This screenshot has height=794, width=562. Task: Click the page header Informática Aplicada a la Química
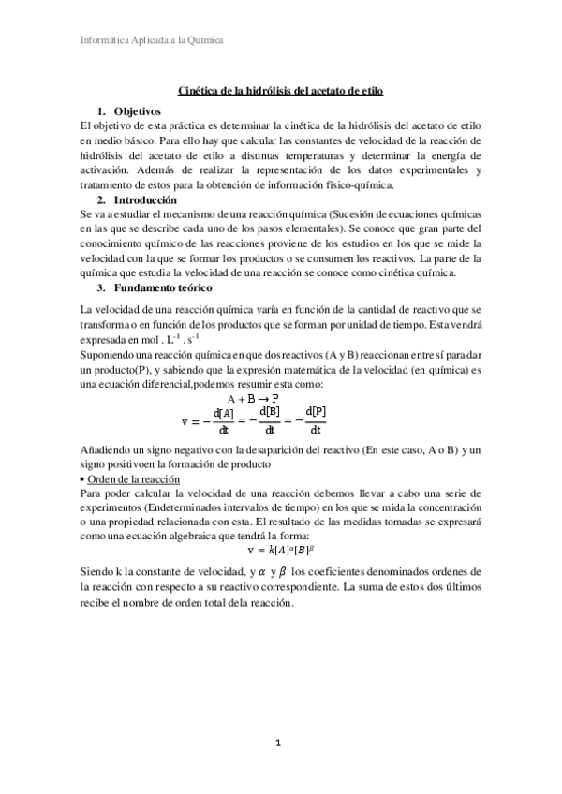coord(149,40)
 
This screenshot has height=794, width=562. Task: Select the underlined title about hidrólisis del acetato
coord(280,90)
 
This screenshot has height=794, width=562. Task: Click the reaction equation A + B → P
coord(259,397)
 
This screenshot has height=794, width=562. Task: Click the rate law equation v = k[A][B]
coord(280,550)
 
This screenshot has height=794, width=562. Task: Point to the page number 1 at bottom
coord(278,743)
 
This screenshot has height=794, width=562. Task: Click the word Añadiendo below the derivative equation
coord(109,451)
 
